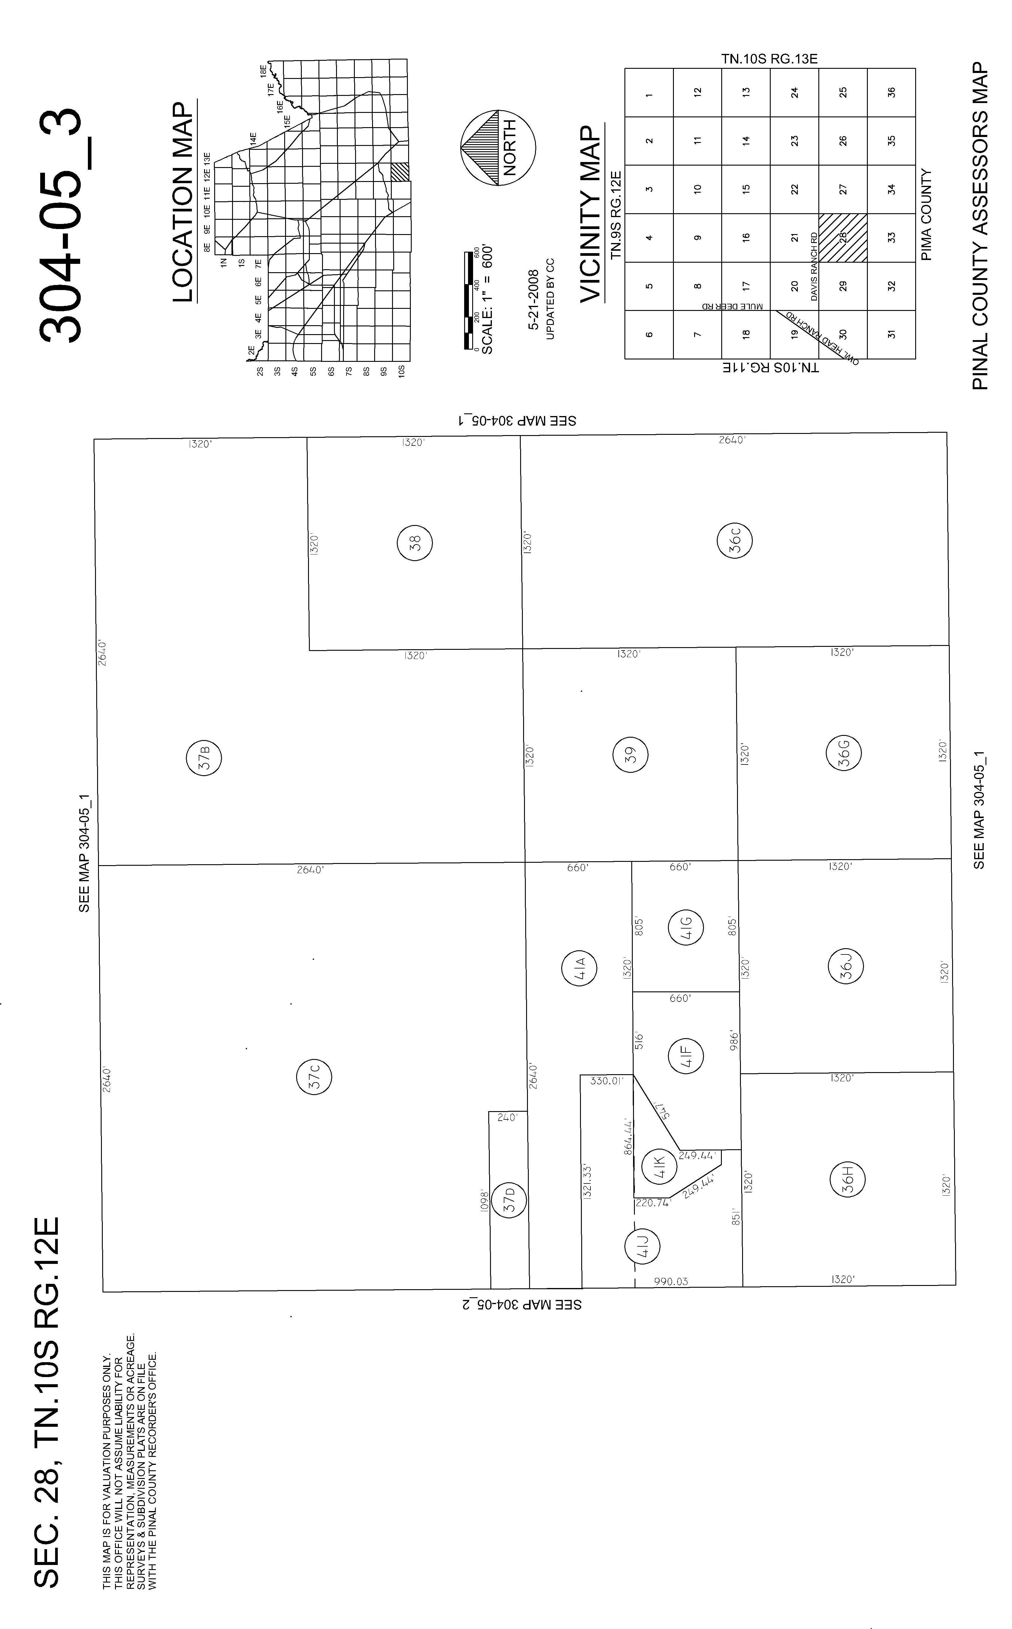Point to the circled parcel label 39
coord(630,755)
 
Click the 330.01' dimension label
coord(607,1080)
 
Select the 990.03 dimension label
coord(671,1281)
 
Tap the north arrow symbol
coord(498,148)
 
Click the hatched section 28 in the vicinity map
coord(843,237)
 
